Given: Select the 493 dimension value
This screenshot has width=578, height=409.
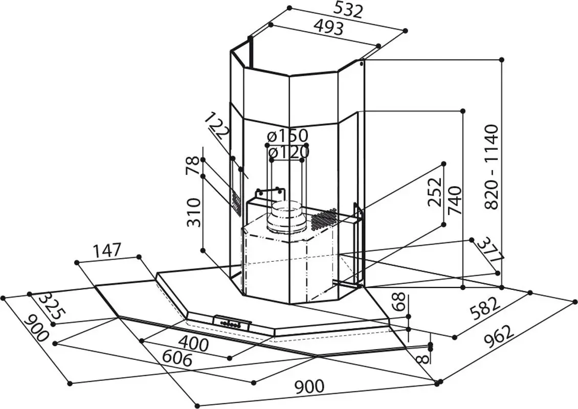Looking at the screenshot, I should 327,27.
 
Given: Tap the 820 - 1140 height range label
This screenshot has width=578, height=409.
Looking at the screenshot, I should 491,166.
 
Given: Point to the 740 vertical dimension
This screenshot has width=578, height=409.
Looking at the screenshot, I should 455,200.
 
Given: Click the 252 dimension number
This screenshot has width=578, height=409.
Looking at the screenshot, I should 435,192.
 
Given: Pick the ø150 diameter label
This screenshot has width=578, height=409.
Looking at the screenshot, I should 288,136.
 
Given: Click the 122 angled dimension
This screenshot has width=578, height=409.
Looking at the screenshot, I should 217,127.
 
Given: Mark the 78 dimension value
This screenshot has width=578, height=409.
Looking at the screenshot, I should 193,167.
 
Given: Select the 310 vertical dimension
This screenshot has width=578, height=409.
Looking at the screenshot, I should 193,213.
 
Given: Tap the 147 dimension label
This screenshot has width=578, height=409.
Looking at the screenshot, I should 107,251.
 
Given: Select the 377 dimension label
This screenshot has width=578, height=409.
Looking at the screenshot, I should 490,252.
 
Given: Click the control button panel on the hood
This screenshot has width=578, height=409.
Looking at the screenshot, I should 232,322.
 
